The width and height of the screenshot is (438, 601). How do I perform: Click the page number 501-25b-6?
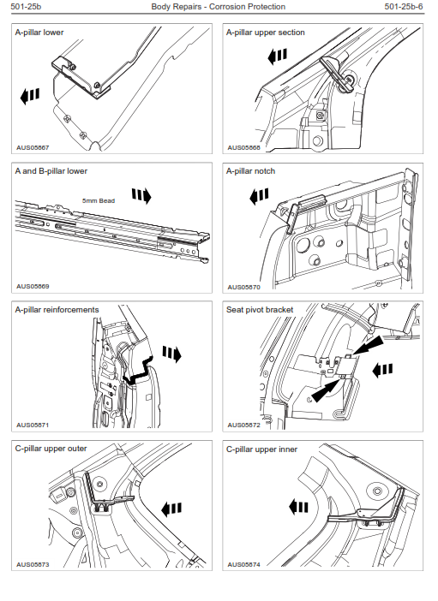click(404, 7)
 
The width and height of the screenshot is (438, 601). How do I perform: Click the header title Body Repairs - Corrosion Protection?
click(218, 7)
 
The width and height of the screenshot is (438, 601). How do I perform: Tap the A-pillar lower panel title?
click(39, 33)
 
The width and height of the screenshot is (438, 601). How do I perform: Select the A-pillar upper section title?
click(265, 33)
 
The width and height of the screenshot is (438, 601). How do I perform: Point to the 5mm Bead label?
click(99, 200)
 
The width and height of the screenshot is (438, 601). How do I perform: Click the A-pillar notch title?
click(250, 171)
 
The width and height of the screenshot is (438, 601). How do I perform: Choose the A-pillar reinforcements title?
click(57, 310)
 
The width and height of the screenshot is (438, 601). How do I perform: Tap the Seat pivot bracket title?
click(260, 310)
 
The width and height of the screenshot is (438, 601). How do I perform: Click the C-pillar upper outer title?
click(51, 449)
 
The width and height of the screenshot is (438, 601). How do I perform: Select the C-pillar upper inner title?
click(261, 449)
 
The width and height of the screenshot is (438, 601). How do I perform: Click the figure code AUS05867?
click(33, 147)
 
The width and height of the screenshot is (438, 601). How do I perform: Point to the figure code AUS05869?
click(33, 286)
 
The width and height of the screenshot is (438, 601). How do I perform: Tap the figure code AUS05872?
click(243, 425)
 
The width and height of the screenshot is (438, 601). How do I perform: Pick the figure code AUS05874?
click(243, 564)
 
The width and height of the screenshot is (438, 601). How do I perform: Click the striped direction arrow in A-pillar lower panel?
click(30, 96)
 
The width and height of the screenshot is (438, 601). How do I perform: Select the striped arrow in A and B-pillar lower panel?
click(141, 196)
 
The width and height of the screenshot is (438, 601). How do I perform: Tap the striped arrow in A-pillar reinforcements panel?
click(171, 354)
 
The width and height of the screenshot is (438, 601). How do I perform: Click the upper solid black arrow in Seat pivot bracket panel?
click(368, 345)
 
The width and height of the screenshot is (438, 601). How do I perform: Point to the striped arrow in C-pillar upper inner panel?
click(298, 508)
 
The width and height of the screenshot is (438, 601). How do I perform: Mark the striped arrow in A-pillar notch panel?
click(259, 196)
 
